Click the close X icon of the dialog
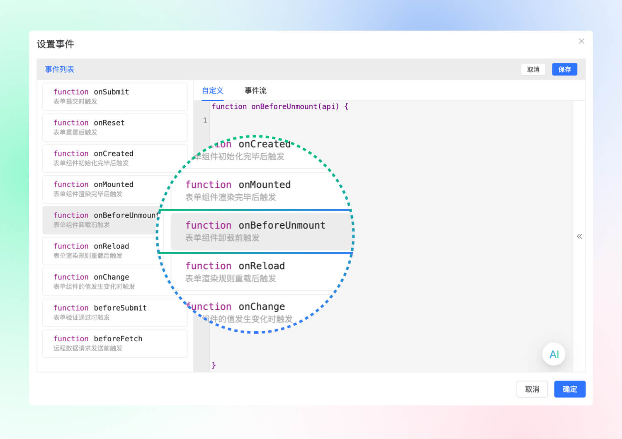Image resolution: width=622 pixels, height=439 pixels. coord(581,41)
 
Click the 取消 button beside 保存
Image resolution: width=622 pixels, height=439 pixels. coord(533,69)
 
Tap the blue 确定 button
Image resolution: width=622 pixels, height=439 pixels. coord(569,389)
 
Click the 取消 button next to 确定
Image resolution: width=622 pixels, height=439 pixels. coord(532,389)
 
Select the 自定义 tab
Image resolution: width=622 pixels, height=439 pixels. coord(212,90)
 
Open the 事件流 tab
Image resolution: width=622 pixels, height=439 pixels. coord(255,90)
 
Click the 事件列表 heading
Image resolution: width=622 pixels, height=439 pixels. coord(59,69)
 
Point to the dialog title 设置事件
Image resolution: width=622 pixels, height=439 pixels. coord(55,44)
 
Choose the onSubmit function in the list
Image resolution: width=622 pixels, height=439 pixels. coord(115,96)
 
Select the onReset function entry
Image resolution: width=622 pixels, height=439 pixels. coord(115,127)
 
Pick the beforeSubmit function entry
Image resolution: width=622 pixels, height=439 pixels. coord(115,313)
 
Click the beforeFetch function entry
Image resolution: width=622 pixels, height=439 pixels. coord(115,343)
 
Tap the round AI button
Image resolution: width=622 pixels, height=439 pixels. coord(554,354)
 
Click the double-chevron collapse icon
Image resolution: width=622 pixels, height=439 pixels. coord(579,236)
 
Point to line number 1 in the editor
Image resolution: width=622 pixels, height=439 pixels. coord(205,121)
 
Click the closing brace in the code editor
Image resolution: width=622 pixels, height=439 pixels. coord(214,365)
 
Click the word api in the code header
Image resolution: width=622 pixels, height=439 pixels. coord(328,106)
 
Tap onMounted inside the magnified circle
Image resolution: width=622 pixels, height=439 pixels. coord(265,184)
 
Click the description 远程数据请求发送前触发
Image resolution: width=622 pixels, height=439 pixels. coord(88,348)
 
